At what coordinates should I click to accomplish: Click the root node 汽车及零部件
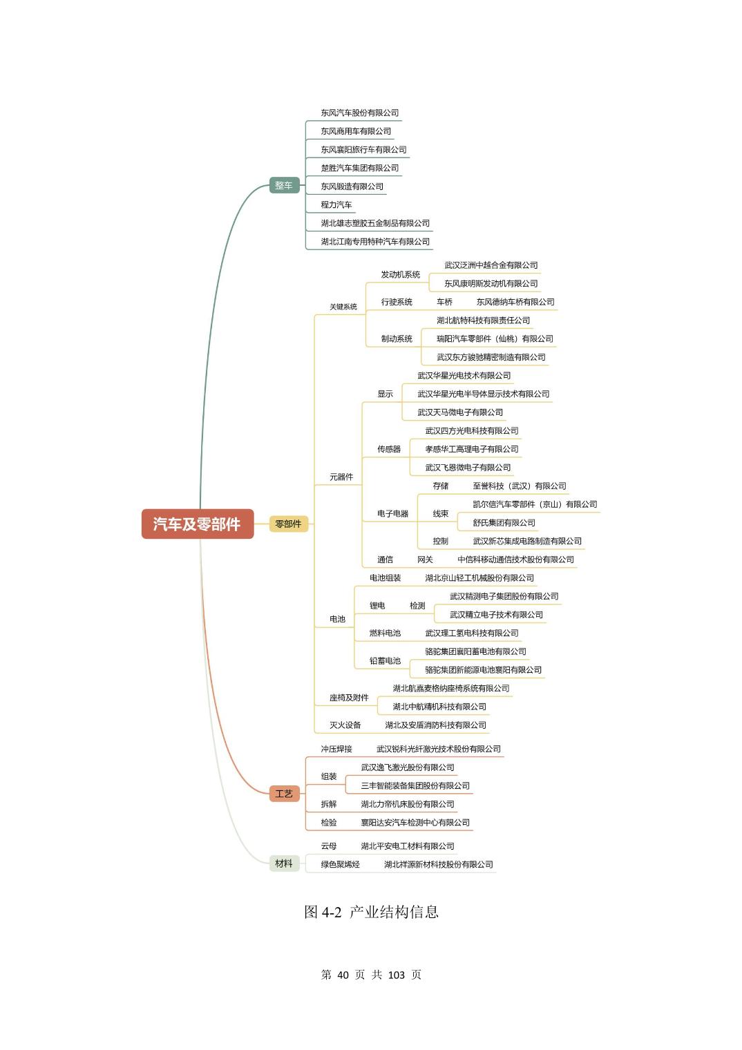[x=197, y=524]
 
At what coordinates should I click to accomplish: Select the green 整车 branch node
[x=284, y=185]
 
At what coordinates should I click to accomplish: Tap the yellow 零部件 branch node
[x=288, y=524]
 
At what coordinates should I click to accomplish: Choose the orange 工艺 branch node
[x=284, y=793]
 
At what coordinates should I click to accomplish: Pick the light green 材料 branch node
[x=284, y=863]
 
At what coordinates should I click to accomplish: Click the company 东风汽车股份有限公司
[x=359, y=113]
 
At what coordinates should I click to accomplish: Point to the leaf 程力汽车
[x=336, y=204]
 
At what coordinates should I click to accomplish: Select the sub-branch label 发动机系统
[x=400, y=274]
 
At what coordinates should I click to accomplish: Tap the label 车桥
[x=444, y=302]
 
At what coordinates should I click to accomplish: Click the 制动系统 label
[x=397, y=338]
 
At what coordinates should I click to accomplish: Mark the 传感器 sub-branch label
[x=389, y=449]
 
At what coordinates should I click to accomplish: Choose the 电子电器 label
[x=392, y=513]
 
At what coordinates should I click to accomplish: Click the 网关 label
[x=425, y=560]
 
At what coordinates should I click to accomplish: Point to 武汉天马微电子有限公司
[x=460, y=412]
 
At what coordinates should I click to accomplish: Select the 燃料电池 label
[x=385, y=633]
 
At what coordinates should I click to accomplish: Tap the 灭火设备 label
[x=345, y=725]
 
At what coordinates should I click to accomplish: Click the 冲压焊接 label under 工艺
[x=336, y=749]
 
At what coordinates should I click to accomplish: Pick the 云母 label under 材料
[x=329, y=846]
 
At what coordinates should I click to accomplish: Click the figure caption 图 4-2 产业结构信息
[x=371, y=912]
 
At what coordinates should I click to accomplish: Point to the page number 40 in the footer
[x=343, y=975]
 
